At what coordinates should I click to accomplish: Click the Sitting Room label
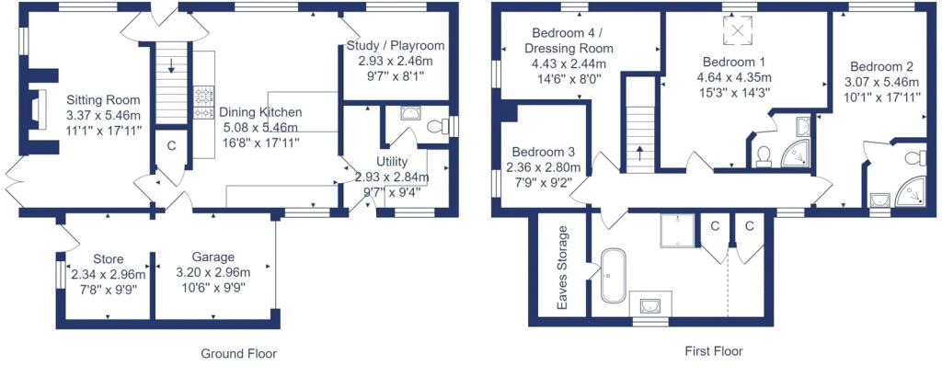[103, 100]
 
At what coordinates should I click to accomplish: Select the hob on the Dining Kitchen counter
[203, 103]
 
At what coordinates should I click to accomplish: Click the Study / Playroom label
[396, 46]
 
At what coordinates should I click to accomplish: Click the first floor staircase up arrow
[638, 153]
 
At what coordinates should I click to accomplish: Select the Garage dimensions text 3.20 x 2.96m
[213, 273]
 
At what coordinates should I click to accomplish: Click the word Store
[109, 259]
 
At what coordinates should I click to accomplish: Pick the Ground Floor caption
[238, 354]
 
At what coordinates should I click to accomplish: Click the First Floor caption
[714, 351]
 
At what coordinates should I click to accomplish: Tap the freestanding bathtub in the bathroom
[613, 276]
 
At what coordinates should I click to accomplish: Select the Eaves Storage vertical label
[562, 268]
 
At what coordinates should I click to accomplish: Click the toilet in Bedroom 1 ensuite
[764, 156]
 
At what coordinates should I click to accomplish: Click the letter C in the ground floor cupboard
[171, 144]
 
